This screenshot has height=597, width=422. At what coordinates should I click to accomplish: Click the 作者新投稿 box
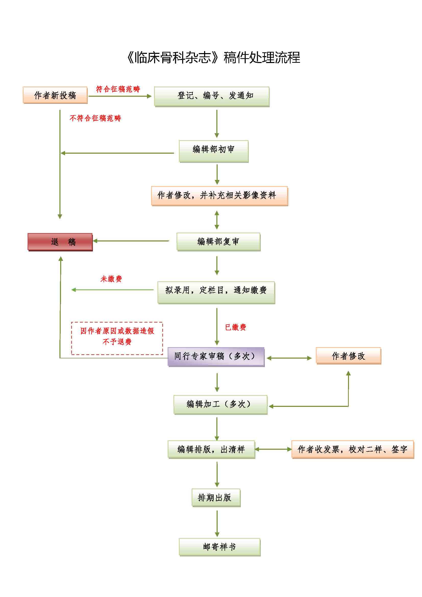pyautogui.click(x=55, y=95)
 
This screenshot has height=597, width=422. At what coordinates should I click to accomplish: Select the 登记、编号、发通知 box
pyautogui.click(x=212, y=96)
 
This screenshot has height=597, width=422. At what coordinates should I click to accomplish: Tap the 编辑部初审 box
pyautogui.click(x=214, y=151)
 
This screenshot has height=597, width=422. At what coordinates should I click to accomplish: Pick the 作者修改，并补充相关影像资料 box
pyautogui.click(x=219, y=196)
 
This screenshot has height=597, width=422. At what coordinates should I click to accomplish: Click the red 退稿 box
pyautogui.click(x=60, y=241)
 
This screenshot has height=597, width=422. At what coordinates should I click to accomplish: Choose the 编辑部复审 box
pyautogui.click(x=218, y=241)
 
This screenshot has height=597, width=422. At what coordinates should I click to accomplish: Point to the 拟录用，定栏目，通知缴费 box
pyautogui.click(x=216, y=292)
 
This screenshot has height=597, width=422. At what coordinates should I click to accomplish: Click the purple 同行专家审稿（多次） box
pyautogui.click(x=216, y=357)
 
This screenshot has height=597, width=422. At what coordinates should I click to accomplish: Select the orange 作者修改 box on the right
pyautogui.click(x=348, y=356)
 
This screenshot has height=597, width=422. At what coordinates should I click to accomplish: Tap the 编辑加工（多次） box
pyautogui.click(x=220, y=405)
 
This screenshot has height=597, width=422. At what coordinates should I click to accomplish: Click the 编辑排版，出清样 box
pyautogui.click(x=211, y=449)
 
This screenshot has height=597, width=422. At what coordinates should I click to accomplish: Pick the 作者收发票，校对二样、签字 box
pyautogui.click(x=352, y=449)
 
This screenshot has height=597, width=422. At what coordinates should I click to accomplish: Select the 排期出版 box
pyautogui.click(x=216, y=497)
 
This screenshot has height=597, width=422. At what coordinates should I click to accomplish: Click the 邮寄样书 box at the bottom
pyautogui.click(x=220, y=546)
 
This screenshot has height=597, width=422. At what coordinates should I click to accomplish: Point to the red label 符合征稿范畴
pyautogui.click(x=118, y=89)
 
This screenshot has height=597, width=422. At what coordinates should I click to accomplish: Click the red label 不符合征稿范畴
pyautogui.click(x=95, y=118)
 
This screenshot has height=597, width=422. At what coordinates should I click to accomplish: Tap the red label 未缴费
pyautogui.click(x=111, y=279)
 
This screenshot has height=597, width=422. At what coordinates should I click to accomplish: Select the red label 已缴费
pyautogui.click(x=235, y=327)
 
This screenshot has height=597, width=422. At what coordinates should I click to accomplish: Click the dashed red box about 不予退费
pyautogui.click(x=117, y=338)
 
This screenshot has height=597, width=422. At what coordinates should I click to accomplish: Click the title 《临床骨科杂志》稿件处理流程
pyautogui.click(x=213, y=57)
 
